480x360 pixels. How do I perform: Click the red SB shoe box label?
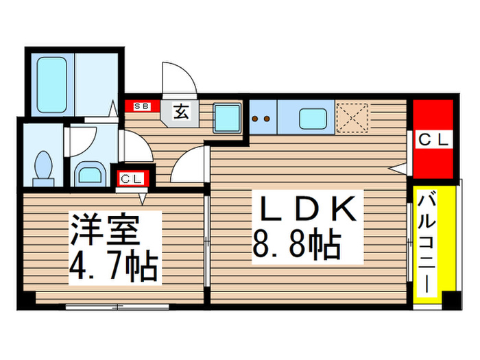143,107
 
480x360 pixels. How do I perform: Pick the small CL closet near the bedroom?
132,179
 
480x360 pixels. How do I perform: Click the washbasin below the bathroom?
89,172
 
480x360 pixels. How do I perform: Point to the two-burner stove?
262,117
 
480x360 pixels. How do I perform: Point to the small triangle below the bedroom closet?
143,199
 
